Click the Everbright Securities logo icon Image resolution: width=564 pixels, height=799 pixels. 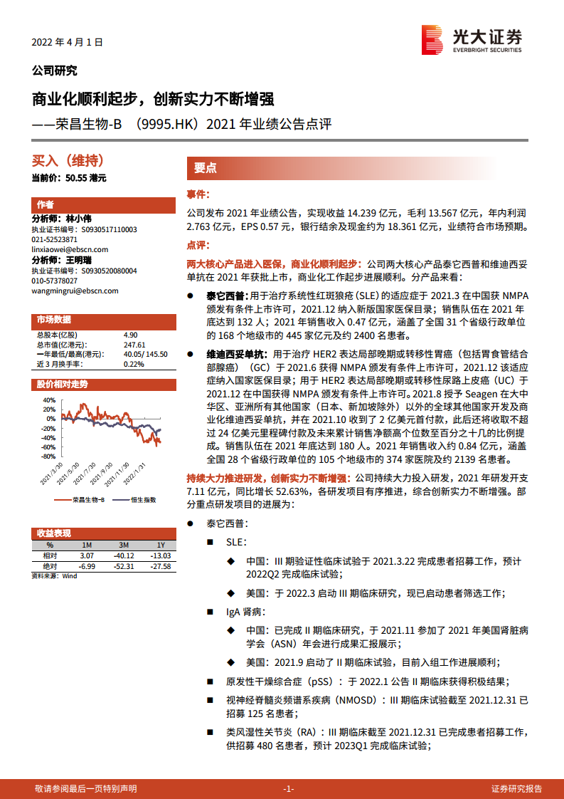tap(433, 40)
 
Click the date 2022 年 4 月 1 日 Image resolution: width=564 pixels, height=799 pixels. tap(68, 42)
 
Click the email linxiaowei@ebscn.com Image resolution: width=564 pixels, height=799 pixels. tap(70, 250)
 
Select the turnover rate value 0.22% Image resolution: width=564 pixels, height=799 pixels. tap(133, 364)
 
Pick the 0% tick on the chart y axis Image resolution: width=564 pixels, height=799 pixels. tap(49, 419)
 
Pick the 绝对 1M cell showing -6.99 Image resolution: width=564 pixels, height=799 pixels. tap(87, 565)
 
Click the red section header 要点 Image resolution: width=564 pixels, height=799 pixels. tap(206, 168)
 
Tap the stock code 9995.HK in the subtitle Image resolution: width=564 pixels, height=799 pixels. tap(167, 125)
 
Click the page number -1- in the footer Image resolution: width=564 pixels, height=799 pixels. tap(288, 789)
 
